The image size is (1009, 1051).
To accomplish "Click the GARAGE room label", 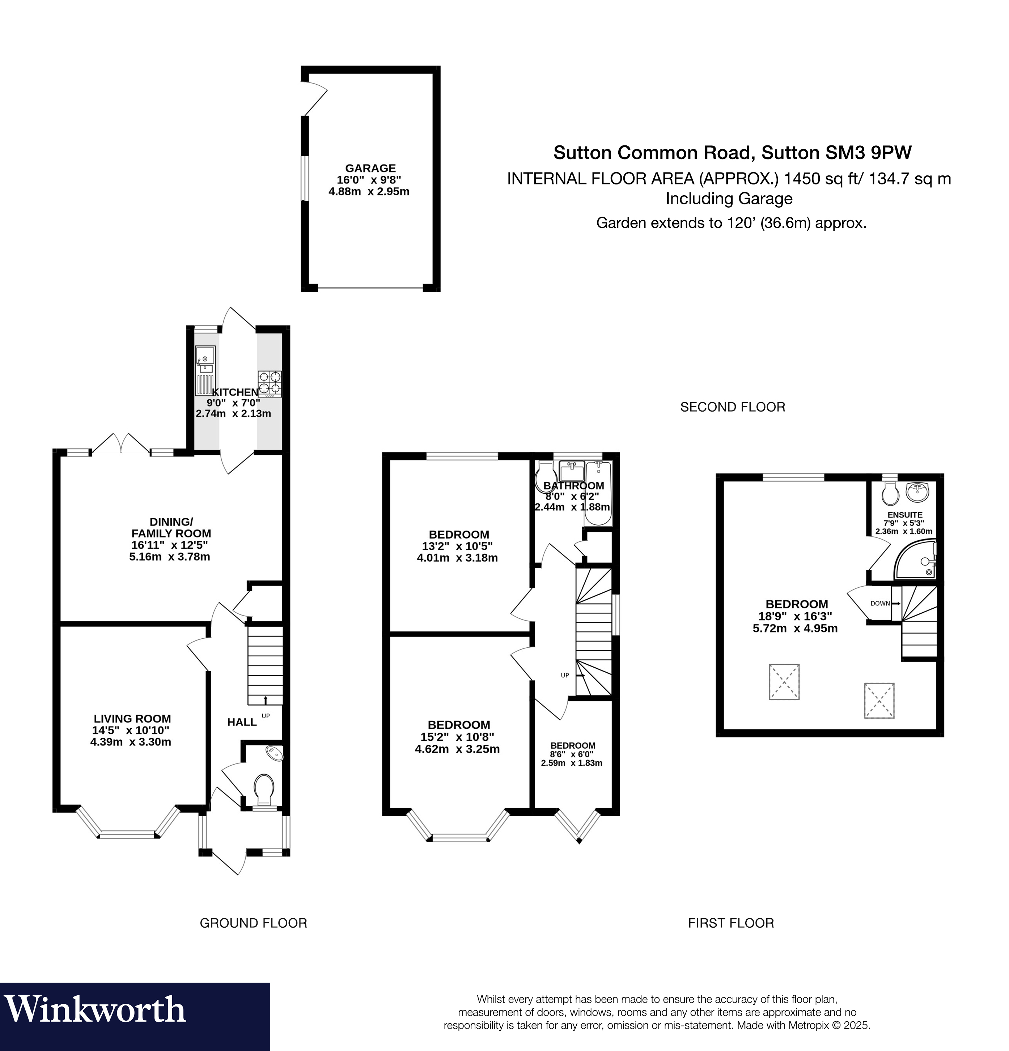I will point(370,168).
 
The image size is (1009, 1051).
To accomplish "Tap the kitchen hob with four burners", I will point(269,383).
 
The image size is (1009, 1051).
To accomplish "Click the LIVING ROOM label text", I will point(132,719).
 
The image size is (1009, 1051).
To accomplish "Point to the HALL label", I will point(242,722).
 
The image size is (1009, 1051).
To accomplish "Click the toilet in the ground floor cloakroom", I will point(264,789).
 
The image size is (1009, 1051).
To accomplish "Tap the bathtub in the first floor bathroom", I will point(598,493).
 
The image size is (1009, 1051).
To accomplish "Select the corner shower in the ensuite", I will point(916,561).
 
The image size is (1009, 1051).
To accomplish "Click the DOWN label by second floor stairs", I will point(880,603).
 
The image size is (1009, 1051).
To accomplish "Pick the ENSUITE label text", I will point(904,514).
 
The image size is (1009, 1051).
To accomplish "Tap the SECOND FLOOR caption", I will point(732,407).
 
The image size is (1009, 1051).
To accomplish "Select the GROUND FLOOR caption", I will point(253,923).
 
